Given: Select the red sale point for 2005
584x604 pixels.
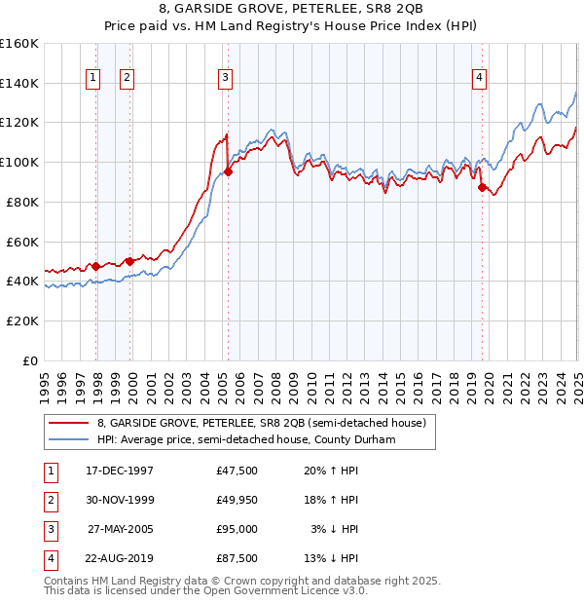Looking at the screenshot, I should (228, 172).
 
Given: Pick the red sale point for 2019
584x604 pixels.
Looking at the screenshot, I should (481, 187).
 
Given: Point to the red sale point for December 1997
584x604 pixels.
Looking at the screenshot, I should (96, 266).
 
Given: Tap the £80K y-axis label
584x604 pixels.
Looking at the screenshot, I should (22, 202).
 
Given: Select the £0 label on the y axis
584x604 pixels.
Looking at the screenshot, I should (29, 360).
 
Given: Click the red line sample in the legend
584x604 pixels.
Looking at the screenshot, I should (68, 424).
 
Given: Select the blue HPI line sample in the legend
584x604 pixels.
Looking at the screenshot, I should (68, 440).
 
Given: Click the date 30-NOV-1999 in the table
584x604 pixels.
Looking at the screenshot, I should (120, 500).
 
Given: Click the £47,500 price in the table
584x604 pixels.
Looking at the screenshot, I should (237, 471).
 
